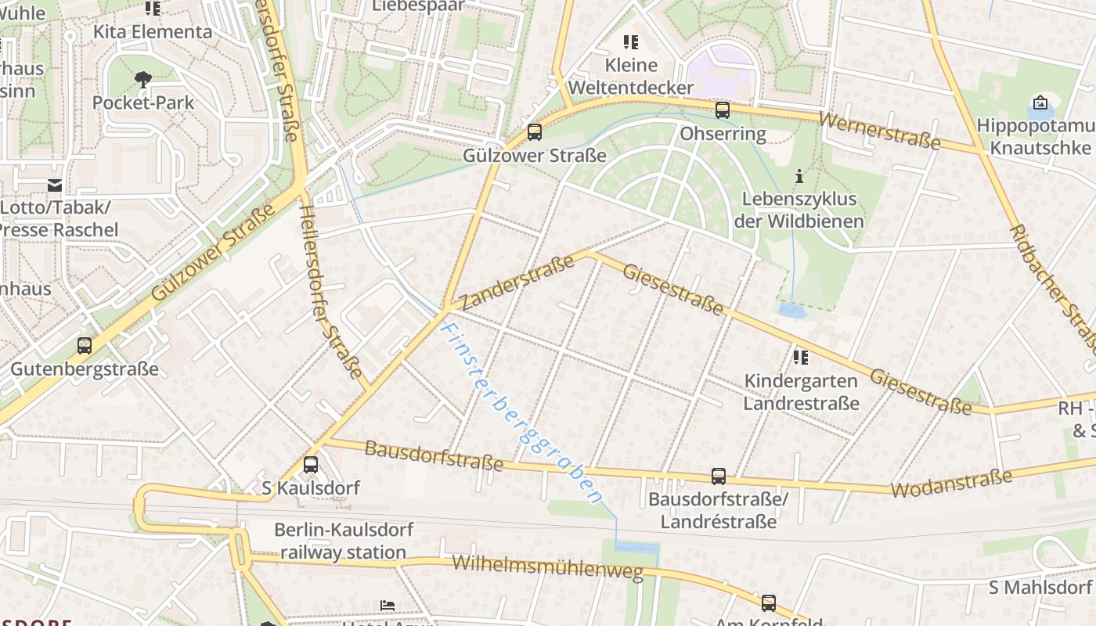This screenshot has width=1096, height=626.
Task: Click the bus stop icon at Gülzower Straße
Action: tap(535, 131)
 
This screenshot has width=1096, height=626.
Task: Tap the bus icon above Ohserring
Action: tap(723, 110)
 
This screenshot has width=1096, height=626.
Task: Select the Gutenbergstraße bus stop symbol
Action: tap(85, 345)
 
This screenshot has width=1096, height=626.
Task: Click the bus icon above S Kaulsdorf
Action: tap(311, 464)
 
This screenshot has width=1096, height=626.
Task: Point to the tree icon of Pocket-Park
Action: tap(143, 78)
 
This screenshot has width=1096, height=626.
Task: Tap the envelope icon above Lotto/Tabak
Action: tap(55, 185)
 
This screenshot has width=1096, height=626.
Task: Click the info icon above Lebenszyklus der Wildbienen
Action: tap(799, 176)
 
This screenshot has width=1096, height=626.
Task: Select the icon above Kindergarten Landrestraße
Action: tap(800, 358)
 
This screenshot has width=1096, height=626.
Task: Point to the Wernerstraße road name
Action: tap(879, 131)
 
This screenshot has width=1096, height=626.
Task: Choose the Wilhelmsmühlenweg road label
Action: tap(547, 567)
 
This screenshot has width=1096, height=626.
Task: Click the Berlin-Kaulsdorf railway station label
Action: tap(343, 541)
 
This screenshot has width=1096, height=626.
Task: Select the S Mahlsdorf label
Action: tap(1040, 587)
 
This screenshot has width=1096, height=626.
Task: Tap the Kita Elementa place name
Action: tap(153, 32)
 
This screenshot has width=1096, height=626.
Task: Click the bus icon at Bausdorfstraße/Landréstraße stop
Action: tap(718, 476)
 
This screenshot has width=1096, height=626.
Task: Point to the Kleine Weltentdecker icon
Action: tap(630, 42)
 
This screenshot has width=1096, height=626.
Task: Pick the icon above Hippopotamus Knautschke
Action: tap(1040, 103)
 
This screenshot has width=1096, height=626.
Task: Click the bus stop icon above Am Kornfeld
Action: tap(769, 603)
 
